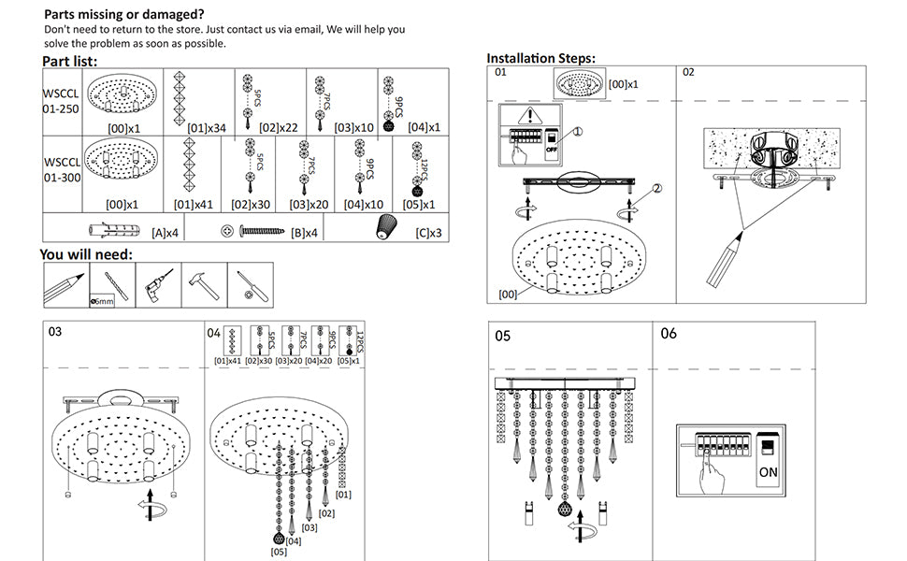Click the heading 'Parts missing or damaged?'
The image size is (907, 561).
pos(124,15)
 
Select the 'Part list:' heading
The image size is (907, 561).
pos(70,62)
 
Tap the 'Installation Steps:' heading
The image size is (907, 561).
pos(540,58)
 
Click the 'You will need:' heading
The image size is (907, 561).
pos(86,254)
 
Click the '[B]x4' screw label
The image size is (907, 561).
pos(305,232)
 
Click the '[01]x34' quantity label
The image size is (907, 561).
pos(207,127)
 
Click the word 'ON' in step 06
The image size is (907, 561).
pos(768,472)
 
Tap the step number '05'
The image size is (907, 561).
pos(503,335)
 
